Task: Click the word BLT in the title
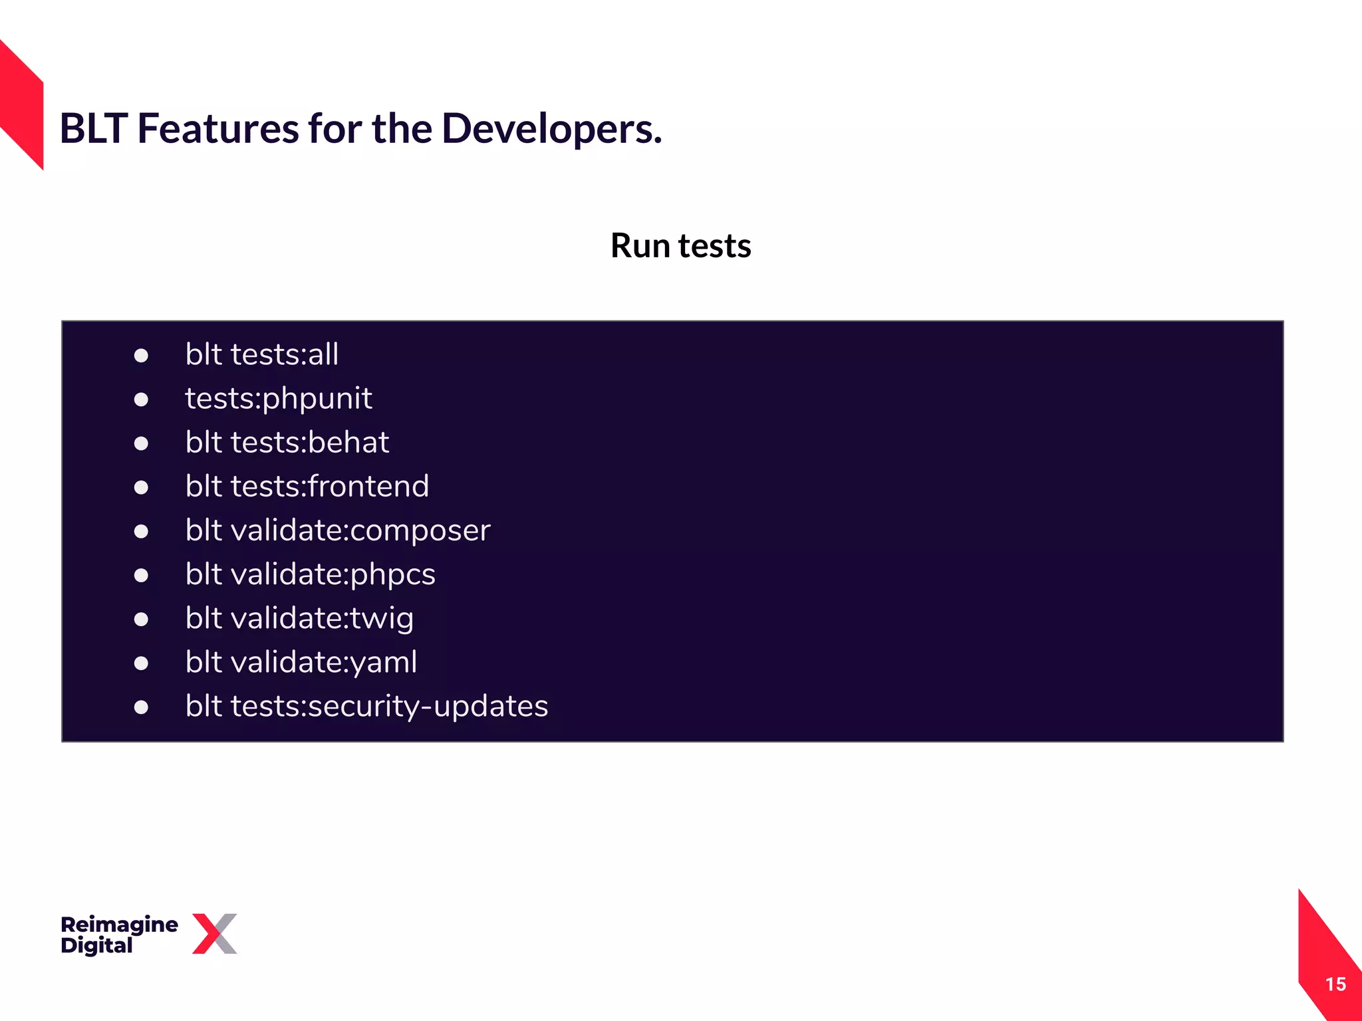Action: [93, 128]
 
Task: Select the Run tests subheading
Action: [680, 246]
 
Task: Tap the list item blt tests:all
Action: [262, 354]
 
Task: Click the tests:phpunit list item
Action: [278, 399]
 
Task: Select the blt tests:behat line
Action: [287, 443]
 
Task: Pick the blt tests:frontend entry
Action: [307, 487]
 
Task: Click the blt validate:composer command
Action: [338, 530]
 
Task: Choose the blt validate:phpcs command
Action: [311, 574]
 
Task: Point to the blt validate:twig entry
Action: [299, 618]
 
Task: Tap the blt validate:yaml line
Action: [301, 662]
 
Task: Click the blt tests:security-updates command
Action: [366, 706]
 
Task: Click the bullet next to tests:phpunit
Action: [141, 399]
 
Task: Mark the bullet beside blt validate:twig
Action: [141, 620]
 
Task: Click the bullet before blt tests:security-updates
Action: [141, 707]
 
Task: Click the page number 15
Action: [1335, 984]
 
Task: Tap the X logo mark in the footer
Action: [215, 933]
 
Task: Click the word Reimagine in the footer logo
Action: [119, 924]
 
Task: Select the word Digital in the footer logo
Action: [96, 945]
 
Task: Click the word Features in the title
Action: [217, 128]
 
